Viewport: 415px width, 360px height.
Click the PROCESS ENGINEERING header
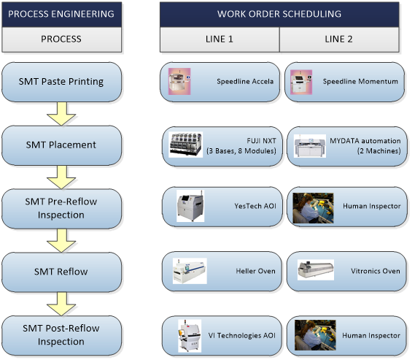tap(61, 14)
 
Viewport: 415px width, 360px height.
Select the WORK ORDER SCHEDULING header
tap(279, 14)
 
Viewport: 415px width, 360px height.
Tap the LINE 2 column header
tap(340, 39)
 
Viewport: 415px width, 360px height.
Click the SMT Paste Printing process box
tap(61, 80)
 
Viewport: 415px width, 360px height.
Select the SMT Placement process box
tap(61, 145)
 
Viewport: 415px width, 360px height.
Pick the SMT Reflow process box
tap(61, 272)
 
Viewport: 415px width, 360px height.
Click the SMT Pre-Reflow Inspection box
tap(61, 208)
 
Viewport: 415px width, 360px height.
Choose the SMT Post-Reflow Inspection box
tap(61, 335)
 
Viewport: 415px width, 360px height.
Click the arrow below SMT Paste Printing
tap(61, 112)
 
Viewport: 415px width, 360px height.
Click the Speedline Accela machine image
tap(180, 80)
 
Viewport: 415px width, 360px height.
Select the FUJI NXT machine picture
tap(190, 145)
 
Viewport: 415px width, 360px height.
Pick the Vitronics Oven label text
tap(371, 272)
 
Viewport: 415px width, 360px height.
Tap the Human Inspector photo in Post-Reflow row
tap(314, 335)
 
